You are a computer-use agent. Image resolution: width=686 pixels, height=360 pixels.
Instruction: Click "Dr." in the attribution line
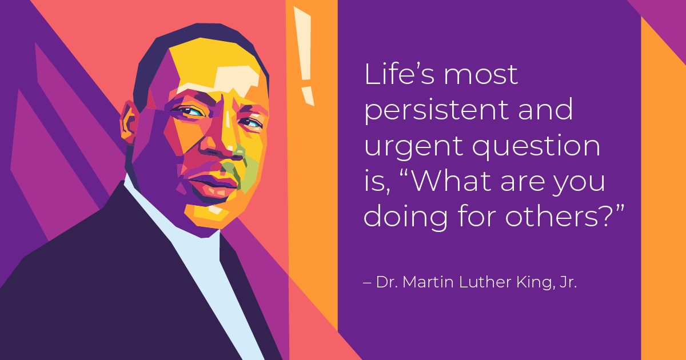pyautogui.click(x=386, y=282)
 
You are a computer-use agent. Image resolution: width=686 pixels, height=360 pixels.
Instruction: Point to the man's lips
pyautogui.click(x=213, y=184)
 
